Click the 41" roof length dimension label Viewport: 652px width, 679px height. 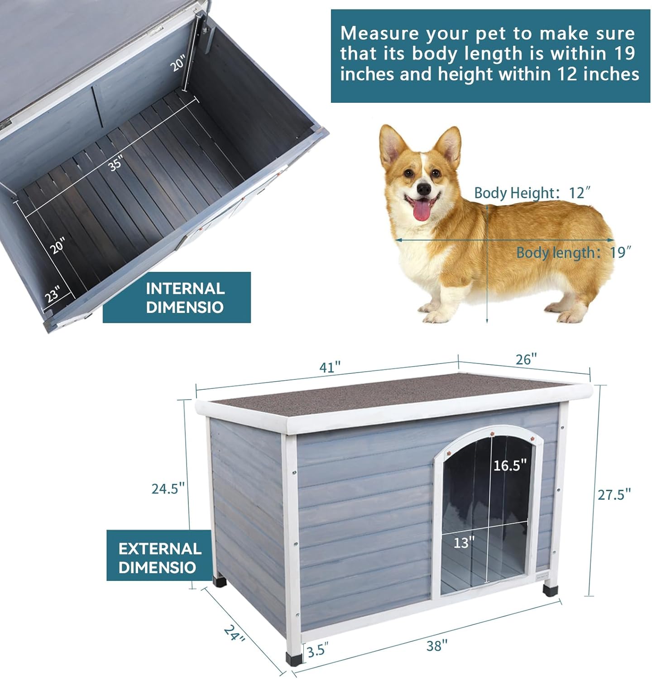pyautogui.click(x=330, y=367)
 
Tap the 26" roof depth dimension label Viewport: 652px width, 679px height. pyautogui.click(x=526, y=359)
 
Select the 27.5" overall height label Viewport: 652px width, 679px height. pyautogui.click(x=614, y=494)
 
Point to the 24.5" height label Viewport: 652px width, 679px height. pyautogui.click(x=168, y=488)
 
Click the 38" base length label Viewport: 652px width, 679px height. pyautogui.click(x=437, y=646)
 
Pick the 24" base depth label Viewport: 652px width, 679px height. pyautogui.click(x=235, y=633)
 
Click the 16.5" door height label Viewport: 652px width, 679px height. pyautogui.click(x=510, y=465)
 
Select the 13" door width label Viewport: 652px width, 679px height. pyautogui.click(x=464, y=542)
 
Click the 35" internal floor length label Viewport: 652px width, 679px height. pyautogui.click(x=115, y=163)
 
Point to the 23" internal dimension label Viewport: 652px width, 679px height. pyautogui.click(x=52, y=295)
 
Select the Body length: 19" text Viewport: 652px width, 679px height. pyautogui.click(x=574, y=252)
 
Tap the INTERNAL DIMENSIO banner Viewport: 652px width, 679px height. pyautogui.click(x=177, y=297)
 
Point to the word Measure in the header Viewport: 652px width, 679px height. pyautogui.click(x=379, y=33)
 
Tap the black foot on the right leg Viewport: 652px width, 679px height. pyautogui.click(x=550, y=591)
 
